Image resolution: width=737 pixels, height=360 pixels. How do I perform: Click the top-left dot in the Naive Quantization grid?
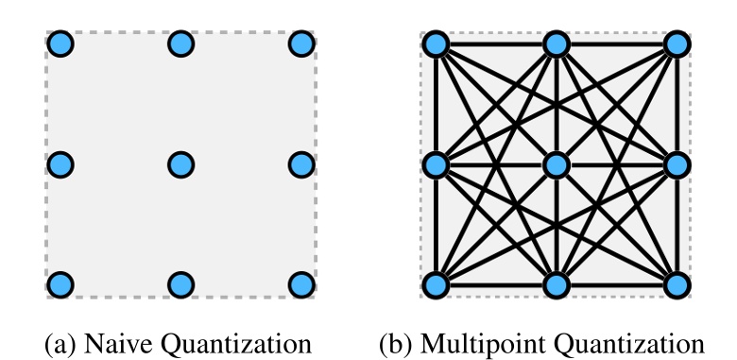(60, 43)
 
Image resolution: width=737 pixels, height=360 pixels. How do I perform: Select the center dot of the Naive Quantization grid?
(180, 164)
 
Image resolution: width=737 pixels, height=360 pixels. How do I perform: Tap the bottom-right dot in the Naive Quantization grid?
(301, 284)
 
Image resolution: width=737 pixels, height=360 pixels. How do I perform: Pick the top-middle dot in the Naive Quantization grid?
(180, 43)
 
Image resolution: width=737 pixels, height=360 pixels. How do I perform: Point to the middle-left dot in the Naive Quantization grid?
(60, 164)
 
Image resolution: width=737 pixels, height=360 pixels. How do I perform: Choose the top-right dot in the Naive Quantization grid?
(301, 43)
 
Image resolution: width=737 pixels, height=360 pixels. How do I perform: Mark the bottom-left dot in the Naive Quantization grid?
(60, 284)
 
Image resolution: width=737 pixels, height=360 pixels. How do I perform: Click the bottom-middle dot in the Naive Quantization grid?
(180, 284)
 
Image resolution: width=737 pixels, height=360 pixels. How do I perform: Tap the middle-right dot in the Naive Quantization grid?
(301, 164)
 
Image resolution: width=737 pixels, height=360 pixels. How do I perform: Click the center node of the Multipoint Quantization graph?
(557, 164)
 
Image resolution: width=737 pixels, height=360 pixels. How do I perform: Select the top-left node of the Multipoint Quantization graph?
(436, 43)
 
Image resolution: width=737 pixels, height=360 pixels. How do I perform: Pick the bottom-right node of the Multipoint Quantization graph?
(677, 284)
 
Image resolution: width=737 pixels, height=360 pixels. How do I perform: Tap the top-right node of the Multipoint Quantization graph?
(677, 43)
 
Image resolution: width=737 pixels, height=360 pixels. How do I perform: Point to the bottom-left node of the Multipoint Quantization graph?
(436, 284)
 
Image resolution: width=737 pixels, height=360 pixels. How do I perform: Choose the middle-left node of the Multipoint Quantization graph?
(436, 164)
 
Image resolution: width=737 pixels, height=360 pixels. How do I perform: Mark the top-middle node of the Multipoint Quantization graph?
(557, 43)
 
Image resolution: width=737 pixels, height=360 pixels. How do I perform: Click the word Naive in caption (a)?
(118, 339)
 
